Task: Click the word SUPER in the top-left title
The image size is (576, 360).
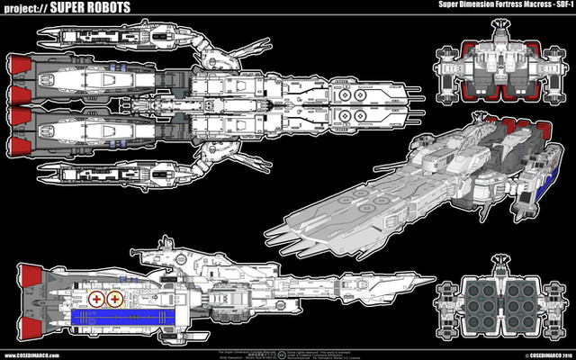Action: pyautogui.click(x=83, y=9)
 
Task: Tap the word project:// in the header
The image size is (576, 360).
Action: pyautogui.click(x=32, y=9)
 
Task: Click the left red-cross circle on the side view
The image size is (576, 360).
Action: pyautogui.click(x=96, y=299)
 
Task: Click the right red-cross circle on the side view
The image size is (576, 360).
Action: pyautogui.click(x=116, y=299)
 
